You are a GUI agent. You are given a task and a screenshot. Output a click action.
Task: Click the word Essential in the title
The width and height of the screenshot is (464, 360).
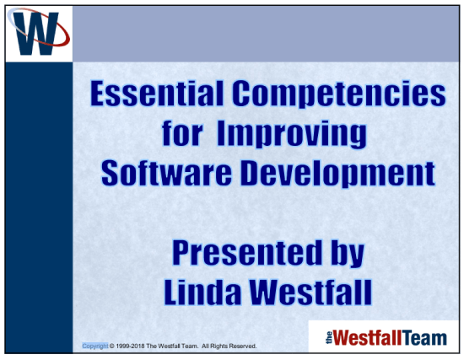(x=157, y=94)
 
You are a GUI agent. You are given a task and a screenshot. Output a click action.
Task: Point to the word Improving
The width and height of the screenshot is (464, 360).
(x=292, y=136)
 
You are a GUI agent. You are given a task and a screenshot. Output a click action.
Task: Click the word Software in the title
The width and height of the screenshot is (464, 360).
(x=166, y=173)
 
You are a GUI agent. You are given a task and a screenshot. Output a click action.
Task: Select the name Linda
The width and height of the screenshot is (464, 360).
(x=202, y=293)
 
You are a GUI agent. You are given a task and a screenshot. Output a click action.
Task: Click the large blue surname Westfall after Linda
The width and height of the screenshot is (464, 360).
(x=310, y=293)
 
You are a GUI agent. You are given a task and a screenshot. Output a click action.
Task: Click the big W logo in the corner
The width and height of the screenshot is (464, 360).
(x=38, y=34)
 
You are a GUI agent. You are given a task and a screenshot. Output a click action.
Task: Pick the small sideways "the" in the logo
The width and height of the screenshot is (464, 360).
(x=329, y=338)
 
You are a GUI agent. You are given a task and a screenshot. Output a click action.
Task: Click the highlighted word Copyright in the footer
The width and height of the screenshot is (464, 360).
(x=95, y=347)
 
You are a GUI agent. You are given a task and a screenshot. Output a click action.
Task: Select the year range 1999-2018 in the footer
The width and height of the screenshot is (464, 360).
(x=130, y=347)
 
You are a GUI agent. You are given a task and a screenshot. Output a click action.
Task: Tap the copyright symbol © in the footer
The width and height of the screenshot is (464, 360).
(x=112, y=347)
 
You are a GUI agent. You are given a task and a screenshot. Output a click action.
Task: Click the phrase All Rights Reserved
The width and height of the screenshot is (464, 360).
(x=229, y=347)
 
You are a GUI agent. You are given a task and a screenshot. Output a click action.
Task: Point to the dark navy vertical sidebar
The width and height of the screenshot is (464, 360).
(x=39, y=207)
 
